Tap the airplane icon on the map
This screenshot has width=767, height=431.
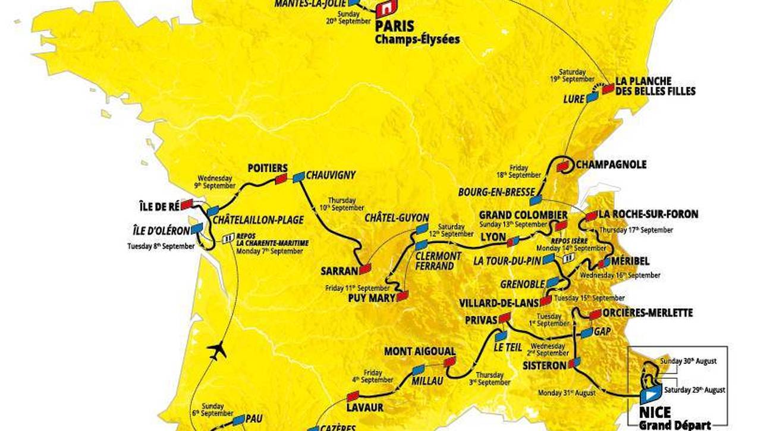click(217, 351)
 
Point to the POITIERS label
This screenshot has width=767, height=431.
click(268, 168)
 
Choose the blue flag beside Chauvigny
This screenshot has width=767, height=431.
click(298, 176)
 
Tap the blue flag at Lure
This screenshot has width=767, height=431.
click(592, 98)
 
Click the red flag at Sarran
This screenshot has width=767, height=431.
click(364, 268)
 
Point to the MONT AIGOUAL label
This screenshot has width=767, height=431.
click(419, 351)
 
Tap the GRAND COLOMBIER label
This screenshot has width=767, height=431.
click(515, 214)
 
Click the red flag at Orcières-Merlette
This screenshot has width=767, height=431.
click(595, 314)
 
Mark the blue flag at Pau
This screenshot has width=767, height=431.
click(238, 420)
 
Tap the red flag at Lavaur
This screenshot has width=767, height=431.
click(353, 395)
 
